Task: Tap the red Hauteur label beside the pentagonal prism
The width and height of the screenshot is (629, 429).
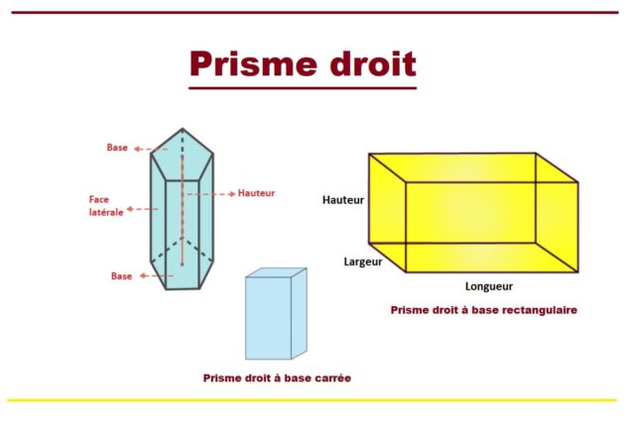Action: (256, 193)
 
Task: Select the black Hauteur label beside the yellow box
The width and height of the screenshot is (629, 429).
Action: (343, 200)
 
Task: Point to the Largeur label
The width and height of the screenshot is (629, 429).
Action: (363, 262)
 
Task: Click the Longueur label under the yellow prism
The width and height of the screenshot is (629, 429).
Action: (489, 286)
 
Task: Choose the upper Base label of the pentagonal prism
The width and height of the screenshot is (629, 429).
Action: (117, 148)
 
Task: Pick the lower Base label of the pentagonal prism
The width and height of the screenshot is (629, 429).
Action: (122, 276)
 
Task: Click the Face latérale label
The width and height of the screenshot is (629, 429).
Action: (106, 206)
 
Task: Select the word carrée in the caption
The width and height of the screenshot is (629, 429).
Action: (331, 378)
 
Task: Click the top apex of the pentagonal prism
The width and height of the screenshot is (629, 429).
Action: (183, 129)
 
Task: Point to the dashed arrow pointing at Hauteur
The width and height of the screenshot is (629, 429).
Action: (210, 194)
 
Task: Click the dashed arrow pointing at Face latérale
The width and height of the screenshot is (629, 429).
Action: (143, 209)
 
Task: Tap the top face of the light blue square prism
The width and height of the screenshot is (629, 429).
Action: (276, 272)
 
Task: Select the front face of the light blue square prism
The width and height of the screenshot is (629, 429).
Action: (269, 318)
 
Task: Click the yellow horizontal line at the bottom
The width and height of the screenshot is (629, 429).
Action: (312, 400)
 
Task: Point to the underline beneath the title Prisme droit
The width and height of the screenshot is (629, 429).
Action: (303, 88)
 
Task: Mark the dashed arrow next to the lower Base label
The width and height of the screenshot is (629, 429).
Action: (156, 276)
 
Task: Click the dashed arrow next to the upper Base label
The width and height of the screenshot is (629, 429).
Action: (151, 149)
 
